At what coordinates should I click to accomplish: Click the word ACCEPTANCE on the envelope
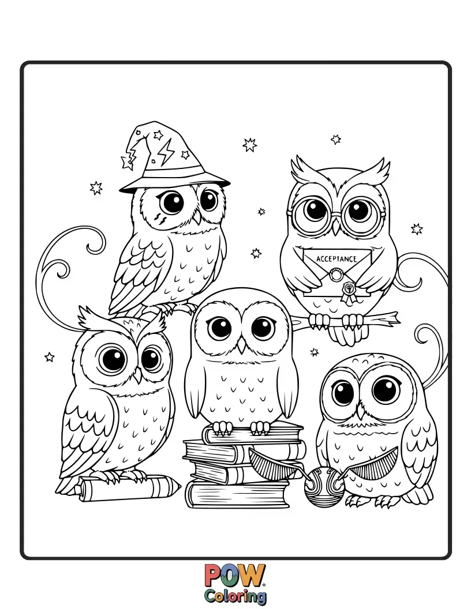[x=337, y=259]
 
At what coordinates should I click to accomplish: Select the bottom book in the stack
[x=237, y=494]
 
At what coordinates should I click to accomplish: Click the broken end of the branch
[x=395, y=316]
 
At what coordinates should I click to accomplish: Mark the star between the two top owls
[x=250, y=144]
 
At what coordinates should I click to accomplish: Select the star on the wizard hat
[x=186, y=155]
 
